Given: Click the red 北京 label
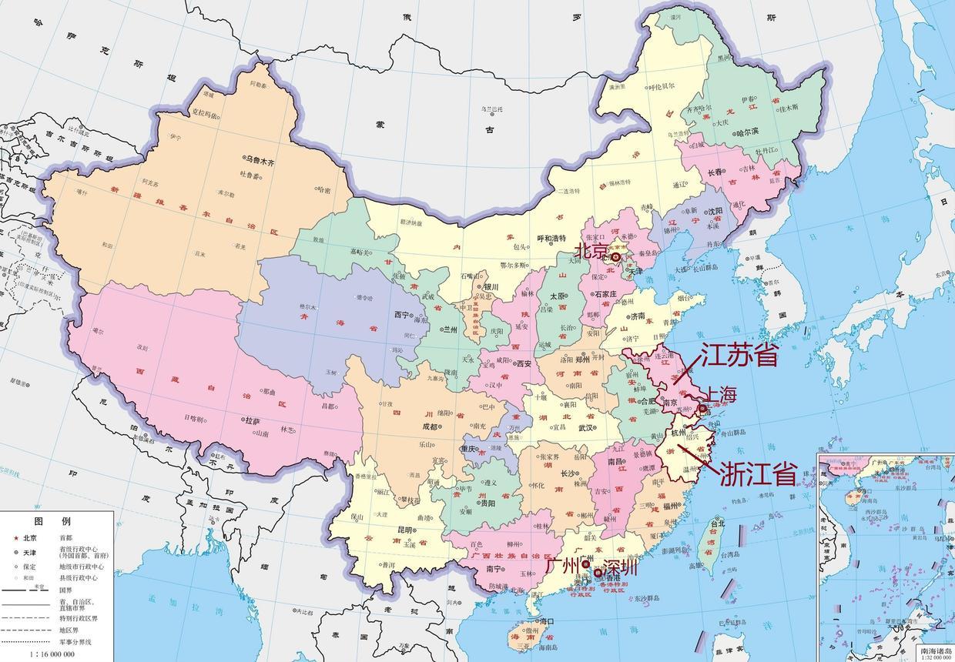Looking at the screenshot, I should coord(589,250).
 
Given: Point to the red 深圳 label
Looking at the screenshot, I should coord(621,568).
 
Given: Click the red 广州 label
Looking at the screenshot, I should coord(562,565).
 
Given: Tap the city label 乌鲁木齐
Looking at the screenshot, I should coord(260,159).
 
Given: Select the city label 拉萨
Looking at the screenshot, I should coord(252,421).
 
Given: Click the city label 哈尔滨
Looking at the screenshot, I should coord(748,132).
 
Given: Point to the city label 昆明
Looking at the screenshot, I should coord(405,531).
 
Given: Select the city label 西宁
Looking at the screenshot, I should coord(401,315).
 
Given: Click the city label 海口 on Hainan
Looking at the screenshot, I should coord(547,620).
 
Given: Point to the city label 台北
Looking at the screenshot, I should coord(717,524).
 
